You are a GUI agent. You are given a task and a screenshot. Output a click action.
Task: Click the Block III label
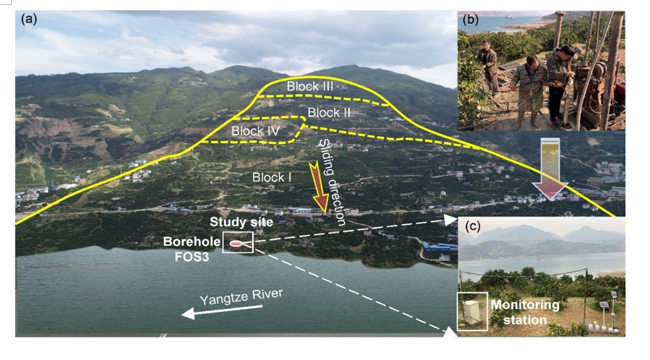click(310, 86)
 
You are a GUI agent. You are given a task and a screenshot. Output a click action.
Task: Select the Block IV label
click(255, 131)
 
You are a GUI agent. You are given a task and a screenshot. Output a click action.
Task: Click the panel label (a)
click(29, 18)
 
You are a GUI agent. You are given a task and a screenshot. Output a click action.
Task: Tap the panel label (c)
click(472, 227)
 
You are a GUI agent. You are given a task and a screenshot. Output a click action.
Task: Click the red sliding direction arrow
click(321, 187)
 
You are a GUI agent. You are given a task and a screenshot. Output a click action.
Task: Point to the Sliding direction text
click(332, 182)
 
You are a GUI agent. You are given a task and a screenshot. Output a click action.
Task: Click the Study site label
click(232, 222)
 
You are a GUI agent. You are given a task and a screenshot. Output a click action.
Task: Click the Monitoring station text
click(525, 312)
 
